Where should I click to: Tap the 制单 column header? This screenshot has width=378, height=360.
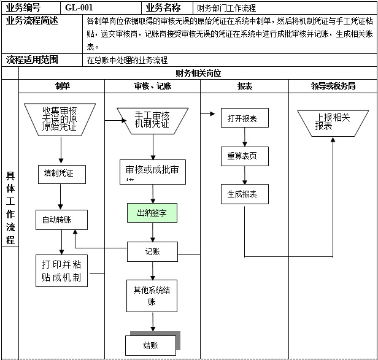point(62,86)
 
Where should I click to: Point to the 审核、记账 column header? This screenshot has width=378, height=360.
point(152,86)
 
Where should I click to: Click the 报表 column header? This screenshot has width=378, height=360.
point(244,86)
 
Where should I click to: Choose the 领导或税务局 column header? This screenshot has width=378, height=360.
point(333,86)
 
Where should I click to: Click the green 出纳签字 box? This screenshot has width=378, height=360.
point(152,213)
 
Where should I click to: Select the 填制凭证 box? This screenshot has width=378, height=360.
point(61,174)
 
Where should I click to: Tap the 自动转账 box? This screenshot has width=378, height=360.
point(61,220)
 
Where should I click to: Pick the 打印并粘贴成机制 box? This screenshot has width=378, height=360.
point(61,270)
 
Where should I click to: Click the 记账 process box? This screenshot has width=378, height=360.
point(152,251)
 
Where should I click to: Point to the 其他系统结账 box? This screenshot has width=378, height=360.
point(152,295)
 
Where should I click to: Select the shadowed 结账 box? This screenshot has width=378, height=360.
point(151,345)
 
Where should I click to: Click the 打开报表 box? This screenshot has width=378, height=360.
point(242,118)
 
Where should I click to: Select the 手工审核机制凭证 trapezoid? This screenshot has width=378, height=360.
point(152,120)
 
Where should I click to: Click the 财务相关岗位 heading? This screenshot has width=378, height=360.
point(198,73)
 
